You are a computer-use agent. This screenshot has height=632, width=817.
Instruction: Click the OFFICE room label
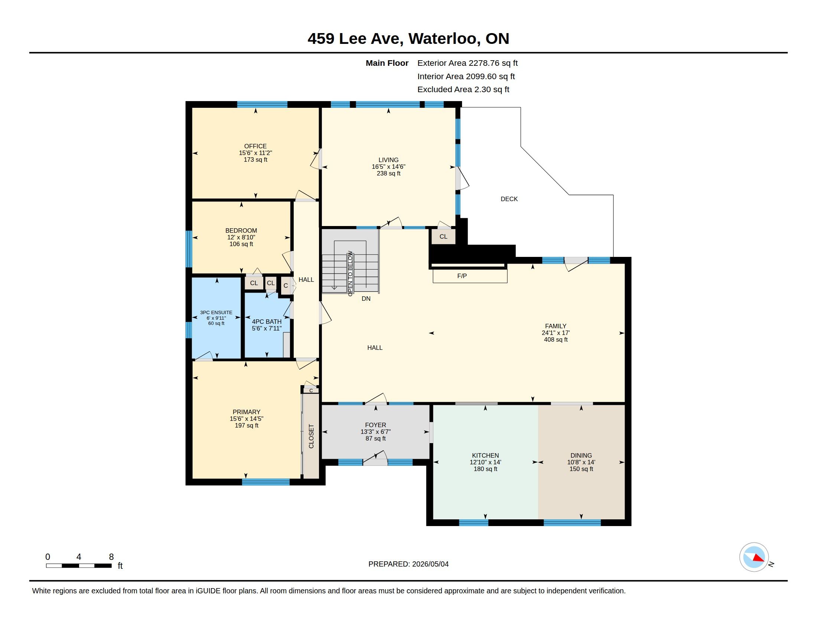coord(255,146)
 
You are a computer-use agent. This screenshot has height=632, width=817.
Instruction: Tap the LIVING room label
coord(388,160)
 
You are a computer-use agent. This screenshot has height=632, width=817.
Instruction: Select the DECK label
coord(509,199)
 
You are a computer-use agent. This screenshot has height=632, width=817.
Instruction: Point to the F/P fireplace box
coord(470,276)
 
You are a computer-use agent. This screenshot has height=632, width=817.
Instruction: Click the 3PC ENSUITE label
coord(216,312)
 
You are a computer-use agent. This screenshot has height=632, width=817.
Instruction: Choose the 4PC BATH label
coord(267,322)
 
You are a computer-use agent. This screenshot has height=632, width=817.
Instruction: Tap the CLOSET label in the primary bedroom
coord(311,436)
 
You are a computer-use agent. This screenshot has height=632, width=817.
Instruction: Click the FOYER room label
coord(375,425)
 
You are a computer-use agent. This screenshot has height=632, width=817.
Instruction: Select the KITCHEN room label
coord(485,455)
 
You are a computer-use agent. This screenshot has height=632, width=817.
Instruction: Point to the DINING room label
coord(581,455)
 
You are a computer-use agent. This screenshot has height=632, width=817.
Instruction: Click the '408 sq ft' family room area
coord(556,339)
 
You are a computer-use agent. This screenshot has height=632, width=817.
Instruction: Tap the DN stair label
coord(366,299)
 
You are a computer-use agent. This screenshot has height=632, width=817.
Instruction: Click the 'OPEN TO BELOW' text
coord(350,273)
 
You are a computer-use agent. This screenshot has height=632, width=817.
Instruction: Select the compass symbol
coord(754,557)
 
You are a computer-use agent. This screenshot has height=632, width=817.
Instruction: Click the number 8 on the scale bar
coord(111,557)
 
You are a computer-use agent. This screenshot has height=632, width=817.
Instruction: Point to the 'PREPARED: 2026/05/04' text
coord(408,564)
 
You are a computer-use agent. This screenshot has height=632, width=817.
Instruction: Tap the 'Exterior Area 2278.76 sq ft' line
coord(467,63)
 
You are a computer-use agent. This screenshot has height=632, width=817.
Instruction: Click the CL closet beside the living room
coord(443,236)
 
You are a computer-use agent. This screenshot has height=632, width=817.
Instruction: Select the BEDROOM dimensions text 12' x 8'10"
coord(241,238)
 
